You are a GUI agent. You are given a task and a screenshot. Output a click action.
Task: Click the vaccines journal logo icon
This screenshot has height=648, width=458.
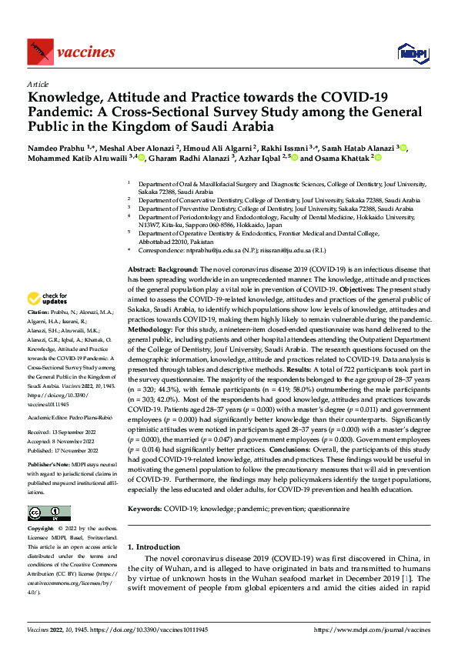39,52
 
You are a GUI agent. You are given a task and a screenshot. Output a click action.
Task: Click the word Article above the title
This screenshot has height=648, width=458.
38,83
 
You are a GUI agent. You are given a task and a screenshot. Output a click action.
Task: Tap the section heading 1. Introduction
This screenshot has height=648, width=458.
152,547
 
